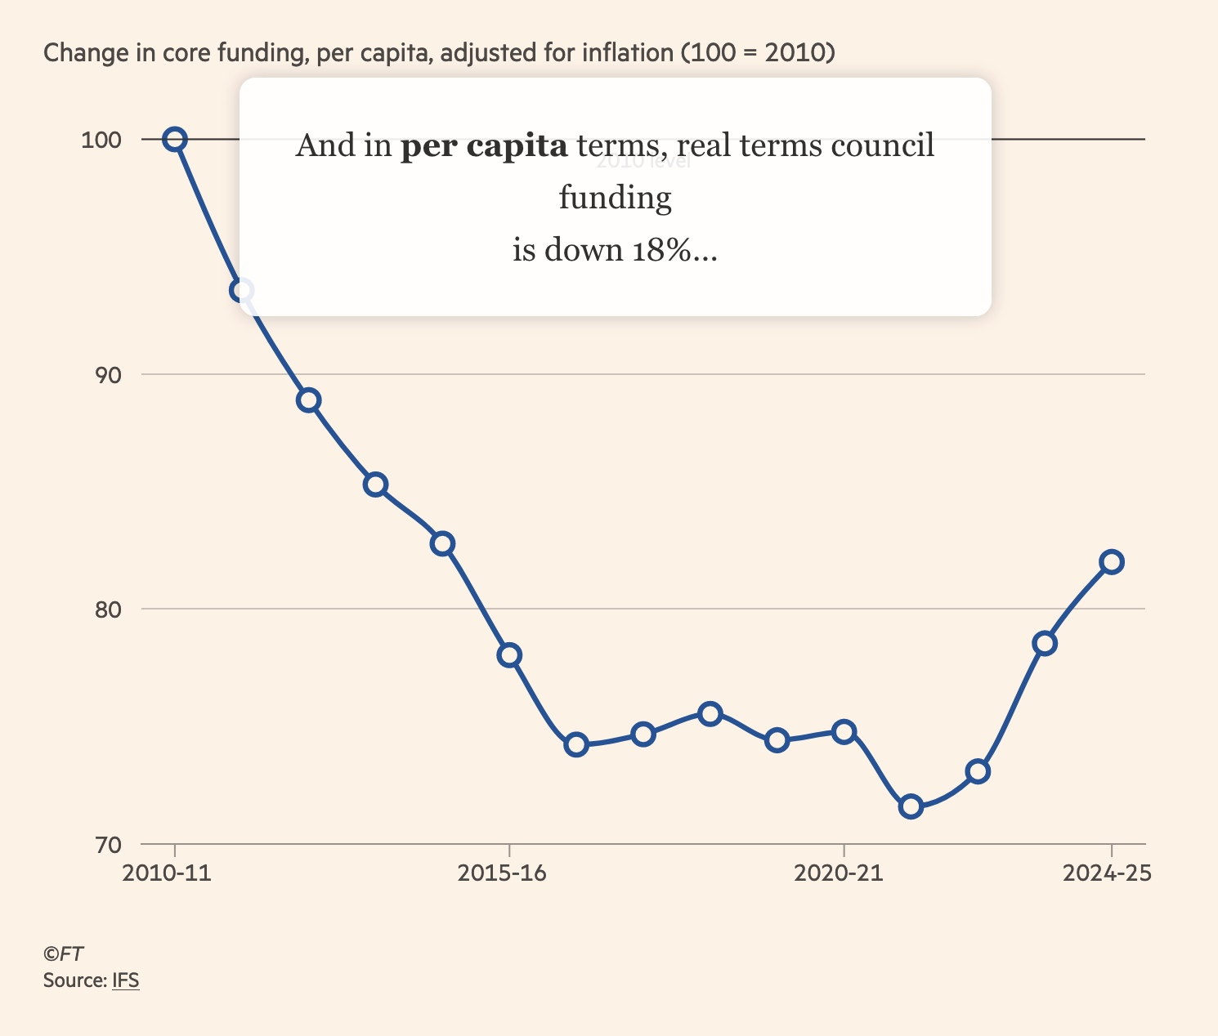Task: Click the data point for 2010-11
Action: click(x=174, y=140)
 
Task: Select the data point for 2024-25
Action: click(x=1112, y=562)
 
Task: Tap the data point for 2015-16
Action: click(x=509, y=655)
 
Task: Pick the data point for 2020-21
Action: click(x=844, y=731)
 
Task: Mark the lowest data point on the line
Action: click(x=911, y=807)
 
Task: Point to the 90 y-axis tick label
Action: click(x=107, y=375)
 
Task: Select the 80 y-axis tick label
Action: click(x=107, y=610)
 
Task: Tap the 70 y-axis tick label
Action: click(x=107, y=845)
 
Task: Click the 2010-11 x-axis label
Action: click(x=167, y=873)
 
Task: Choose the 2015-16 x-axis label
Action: click(x=502, y=873)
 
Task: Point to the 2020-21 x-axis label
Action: click(x=839, y=873)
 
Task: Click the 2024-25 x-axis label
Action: click(x=1107, y=873)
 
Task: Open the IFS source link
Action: click(x=126, y=980)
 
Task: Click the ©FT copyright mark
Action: click(x=63, y=954)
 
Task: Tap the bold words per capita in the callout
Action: click(x=483, y=145)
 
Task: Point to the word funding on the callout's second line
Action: click(x=615, y=198)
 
